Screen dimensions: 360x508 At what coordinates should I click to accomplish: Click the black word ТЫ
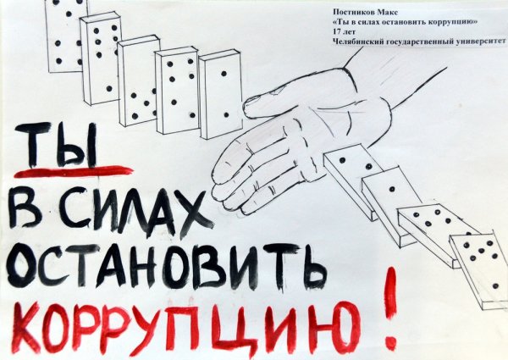[69, 147]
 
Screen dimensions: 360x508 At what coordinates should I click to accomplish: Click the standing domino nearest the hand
[220, 93]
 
